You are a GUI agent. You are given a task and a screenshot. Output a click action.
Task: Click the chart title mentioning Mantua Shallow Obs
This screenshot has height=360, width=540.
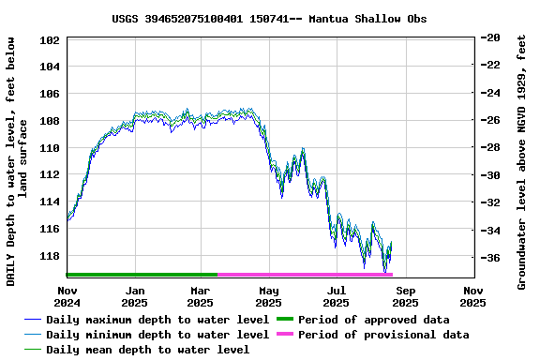coord(269,18)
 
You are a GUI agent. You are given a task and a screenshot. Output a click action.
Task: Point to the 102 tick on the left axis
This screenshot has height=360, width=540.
coord(51,40)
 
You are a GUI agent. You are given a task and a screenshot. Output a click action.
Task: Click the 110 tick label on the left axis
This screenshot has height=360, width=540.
coord(51,148)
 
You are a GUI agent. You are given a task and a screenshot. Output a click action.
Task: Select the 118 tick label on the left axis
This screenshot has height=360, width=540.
coord(51,256)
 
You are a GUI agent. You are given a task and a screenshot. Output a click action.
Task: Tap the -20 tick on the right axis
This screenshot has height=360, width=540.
coord(490,37)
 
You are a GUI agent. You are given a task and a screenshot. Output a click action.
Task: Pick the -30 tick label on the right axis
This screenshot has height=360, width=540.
coord(490,175)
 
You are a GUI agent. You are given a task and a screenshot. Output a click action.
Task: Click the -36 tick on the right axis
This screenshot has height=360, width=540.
coord(490,258)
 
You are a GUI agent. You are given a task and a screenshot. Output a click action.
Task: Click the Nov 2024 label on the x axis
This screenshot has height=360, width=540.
coord(67,296)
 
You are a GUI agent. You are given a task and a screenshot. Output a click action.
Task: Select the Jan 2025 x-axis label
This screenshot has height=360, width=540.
coord(135,296)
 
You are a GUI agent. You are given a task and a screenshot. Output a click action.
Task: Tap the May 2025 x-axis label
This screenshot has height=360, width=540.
coord(269,296)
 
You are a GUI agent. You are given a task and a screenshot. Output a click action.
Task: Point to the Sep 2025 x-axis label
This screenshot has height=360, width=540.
coord(405,296)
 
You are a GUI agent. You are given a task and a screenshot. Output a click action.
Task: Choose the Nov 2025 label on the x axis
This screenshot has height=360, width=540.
coord(472,296)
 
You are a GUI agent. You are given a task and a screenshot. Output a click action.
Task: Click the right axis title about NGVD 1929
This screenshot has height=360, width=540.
coord(521,161)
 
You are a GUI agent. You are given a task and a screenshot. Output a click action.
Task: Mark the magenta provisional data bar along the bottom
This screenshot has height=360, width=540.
coord(305,275)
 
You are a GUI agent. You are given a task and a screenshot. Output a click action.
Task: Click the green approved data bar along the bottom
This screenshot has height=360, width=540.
coord(141,275)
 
